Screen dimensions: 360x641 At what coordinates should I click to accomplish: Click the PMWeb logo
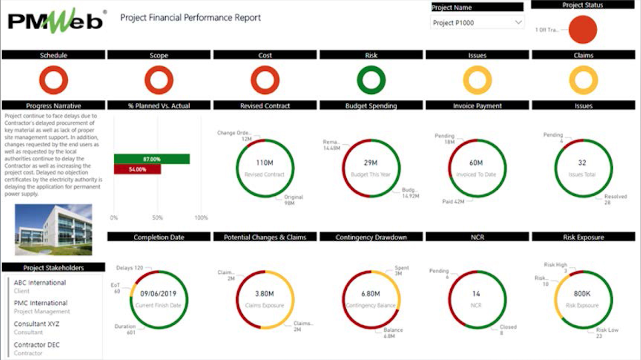[x=56, y=21]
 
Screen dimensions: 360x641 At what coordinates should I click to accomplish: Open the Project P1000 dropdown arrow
[x=519, y=23]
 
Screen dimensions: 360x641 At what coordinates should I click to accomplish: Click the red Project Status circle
[x=582, y=29]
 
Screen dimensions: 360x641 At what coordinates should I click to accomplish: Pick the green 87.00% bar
[x=152, y=159]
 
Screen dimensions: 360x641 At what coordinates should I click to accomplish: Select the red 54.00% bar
[x=137, y=169]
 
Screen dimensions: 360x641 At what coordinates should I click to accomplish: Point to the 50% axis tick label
[x=157, y=218]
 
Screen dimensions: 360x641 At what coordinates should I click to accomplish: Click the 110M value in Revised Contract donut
[x=264, y=163]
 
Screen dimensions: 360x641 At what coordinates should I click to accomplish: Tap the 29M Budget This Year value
[x=371, y=163]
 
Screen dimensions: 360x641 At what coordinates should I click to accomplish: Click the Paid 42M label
[x=454, y=202]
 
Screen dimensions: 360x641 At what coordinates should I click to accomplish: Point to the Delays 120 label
[x=130, y=268]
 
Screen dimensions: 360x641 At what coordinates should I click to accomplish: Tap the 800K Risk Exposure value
[x=583, y=294]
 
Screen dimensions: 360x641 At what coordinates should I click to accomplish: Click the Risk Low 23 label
[x=607, y=333]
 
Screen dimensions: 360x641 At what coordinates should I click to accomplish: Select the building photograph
[x=53, y=229]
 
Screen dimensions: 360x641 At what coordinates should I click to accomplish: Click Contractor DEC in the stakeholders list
[x=37, y=345]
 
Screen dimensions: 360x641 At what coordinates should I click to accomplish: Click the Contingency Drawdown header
[x=371, y=237]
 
